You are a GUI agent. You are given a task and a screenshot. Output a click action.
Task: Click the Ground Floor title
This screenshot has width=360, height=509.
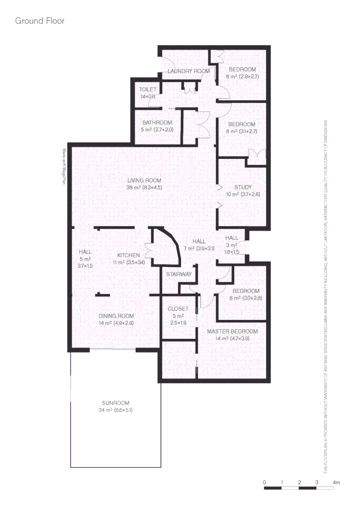[x=40, y=21]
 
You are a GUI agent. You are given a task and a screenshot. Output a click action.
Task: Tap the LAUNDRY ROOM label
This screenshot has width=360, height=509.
[x=188, y=71]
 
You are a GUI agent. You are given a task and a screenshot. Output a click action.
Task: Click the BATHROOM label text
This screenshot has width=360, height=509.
[x=157, y=123]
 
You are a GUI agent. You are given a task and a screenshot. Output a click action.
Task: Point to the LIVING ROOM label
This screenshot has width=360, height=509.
[x=144, y=181]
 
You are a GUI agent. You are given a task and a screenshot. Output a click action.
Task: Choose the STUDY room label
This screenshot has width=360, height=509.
[x=243, y=187]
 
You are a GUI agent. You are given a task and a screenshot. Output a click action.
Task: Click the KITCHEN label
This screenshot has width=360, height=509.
[x=129, y=255]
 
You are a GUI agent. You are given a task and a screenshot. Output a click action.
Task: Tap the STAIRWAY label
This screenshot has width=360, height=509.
[x=179, y=274]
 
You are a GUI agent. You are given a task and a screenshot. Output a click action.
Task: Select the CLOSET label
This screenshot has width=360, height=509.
[x=178, y=309]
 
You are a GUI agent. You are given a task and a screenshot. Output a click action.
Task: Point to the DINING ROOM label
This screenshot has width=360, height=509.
[x=116, y=316]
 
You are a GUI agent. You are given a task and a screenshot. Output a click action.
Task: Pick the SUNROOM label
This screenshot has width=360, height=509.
[x=115, y=403]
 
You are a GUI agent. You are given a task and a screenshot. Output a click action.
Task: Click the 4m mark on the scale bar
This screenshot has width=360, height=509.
[x=335, y=483]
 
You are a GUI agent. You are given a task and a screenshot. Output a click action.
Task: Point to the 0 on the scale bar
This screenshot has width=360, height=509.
[x=265, y=483]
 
